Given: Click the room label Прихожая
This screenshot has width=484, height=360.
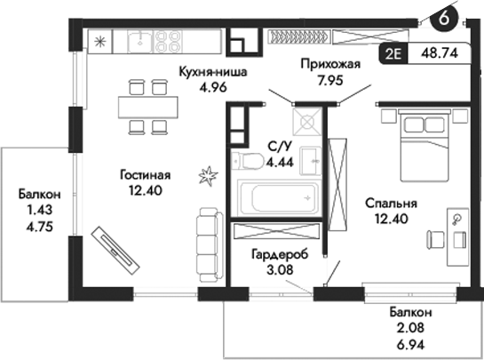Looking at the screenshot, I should point(329,65).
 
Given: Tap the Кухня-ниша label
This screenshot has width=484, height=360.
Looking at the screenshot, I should point(212,72).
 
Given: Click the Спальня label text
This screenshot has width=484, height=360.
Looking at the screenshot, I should point(392,204).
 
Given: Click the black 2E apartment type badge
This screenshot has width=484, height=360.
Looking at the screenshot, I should point(394,53).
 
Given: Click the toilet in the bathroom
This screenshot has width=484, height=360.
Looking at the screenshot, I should point(246,161).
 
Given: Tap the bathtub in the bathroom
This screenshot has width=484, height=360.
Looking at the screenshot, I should point(278,196).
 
